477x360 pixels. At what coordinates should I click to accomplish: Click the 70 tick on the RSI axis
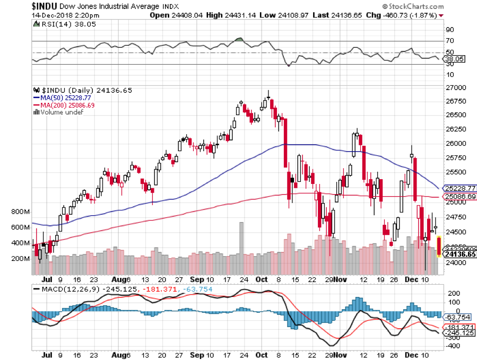tap(449, 41)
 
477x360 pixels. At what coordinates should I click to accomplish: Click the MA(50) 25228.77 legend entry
tap(62, 98)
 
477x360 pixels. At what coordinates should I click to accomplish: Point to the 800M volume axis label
tap(20, 212)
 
